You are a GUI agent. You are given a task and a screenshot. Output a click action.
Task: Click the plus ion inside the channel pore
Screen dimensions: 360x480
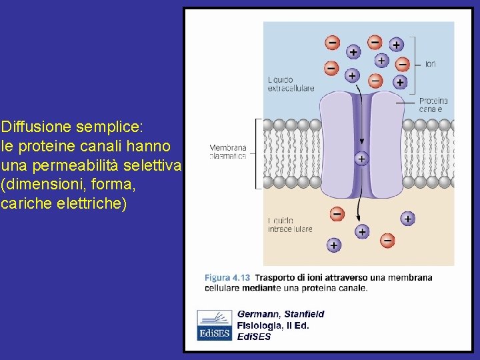361,159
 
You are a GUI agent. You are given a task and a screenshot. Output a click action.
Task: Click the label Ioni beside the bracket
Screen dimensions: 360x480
430,65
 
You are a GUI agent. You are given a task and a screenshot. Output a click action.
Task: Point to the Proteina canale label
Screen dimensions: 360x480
431,105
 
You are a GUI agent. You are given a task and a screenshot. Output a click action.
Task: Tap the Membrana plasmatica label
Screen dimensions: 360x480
228,152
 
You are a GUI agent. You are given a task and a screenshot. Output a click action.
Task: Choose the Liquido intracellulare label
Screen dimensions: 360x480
289,225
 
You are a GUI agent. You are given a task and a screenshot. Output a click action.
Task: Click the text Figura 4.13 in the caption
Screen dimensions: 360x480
227,278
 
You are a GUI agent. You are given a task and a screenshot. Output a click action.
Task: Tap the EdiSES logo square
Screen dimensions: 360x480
214,325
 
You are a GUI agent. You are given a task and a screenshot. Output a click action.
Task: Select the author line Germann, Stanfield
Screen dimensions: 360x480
281,313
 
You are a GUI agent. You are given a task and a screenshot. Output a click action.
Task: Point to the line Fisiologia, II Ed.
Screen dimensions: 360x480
273,325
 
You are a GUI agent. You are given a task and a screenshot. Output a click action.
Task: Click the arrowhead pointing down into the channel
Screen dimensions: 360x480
361,141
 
